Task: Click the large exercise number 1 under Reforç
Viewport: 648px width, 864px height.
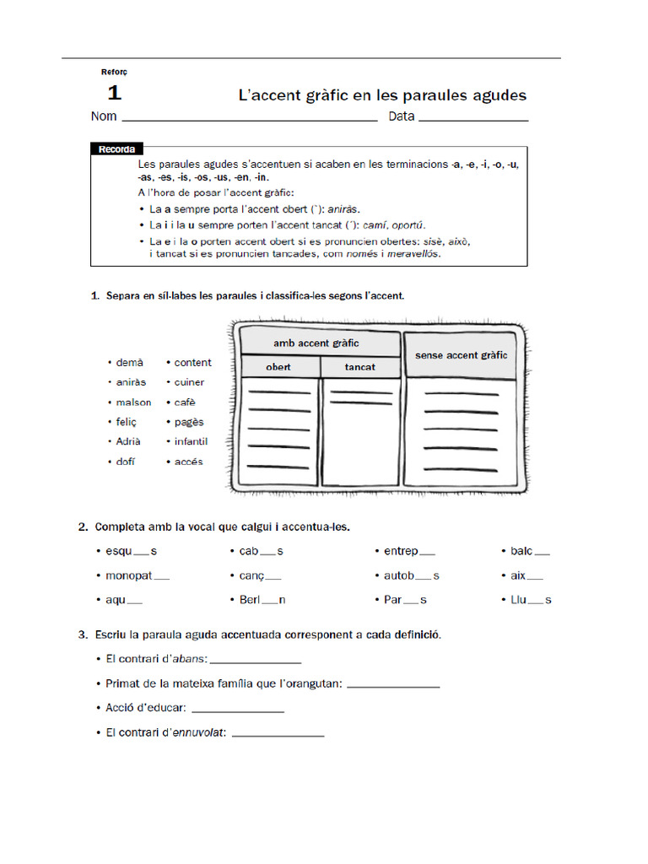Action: click(114, 93)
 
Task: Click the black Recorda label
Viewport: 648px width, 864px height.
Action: click(116, 149)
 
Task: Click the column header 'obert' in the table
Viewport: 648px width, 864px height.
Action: click(278, 367)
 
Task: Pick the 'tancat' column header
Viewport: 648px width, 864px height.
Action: click(360, 367)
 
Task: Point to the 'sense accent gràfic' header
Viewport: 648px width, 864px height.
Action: click(461, 355)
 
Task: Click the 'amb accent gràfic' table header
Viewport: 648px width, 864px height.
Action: click(316, 343)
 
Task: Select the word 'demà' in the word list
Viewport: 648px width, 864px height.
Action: click(129, 363)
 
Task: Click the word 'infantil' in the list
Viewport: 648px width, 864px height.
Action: click(191, 441)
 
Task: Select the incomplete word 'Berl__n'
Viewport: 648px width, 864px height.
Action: click(262, 600)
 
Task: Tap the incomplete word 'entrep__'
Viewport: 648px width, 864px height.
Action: click(409, 551)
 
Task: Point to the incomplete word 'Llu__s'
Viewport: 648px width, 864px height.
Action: click(531, 600)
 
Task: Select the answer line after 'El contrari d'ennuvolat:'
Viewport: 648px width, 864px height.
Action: click(278, 733)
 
